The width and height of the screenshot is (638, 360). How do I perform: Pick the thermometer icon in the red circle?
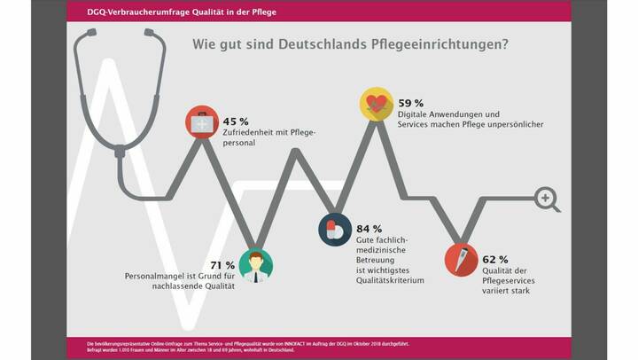[460, 260]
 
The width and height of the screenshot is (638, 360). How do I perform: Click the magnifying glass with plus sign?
[548, 198]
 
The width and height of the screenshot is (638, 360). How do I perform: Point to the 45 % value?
[236, 121]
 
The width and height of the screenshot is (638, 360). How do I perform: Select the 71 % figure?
[222, 264]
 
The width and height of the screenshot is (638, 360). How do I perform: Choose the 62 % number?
[495, 260]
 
